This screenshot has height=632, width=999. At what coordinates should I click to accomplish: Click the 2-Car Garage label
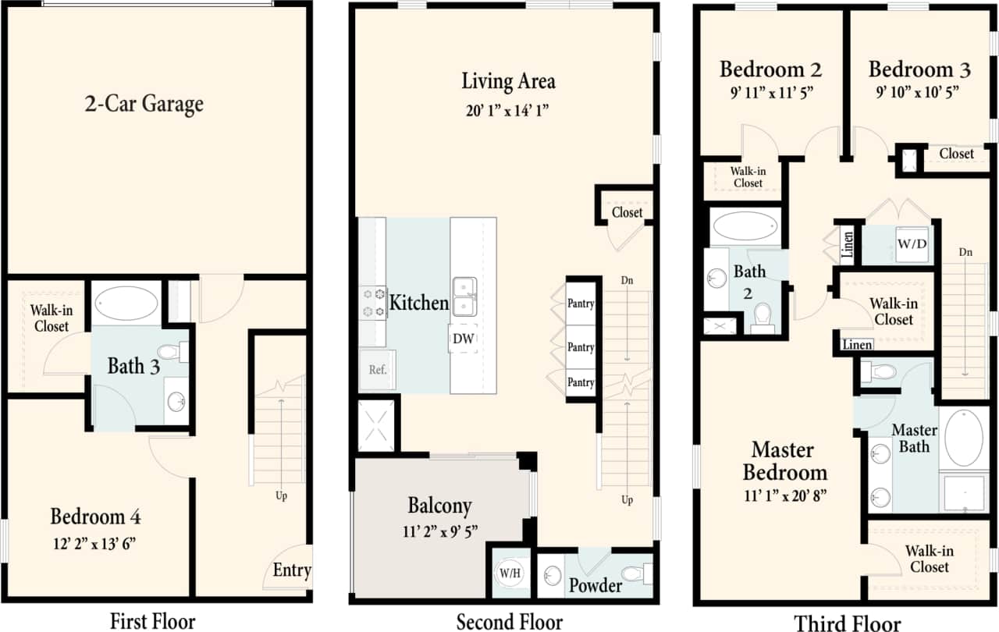point(144,104)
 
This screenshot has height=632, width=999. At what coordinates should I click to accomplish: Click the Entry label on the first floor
point(292,570)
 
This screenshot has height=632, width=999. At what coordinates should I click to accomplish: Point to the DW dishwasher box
point(463,339)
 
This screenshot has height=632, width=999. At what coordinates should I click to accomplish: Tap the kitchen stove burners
point(373,303)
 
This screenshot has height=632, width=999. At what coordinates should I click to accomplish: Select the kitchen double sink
point(464,297)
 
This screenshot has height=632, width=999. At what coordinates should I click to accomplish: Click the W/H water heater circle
point(511,573)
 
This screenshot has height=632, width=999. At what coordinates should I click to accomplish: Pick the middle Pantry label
point(581,347)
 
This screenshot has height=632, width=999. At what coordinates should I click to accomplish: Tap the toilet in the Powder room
point(639,573)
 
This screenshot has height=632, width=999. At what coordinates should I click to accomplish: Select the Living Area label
point(508,81)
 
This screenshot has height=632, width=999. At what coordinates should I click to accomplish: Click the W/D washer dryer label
point(912,243)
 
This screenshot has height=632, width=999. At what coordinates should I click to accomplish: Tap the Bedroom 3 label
point(919,69)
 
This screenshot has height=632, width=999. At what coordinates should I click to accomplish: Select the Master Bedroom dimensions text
point(786,495)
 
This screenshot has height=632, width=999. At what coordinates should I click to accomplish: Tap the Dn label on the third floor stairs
point(966,252)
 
